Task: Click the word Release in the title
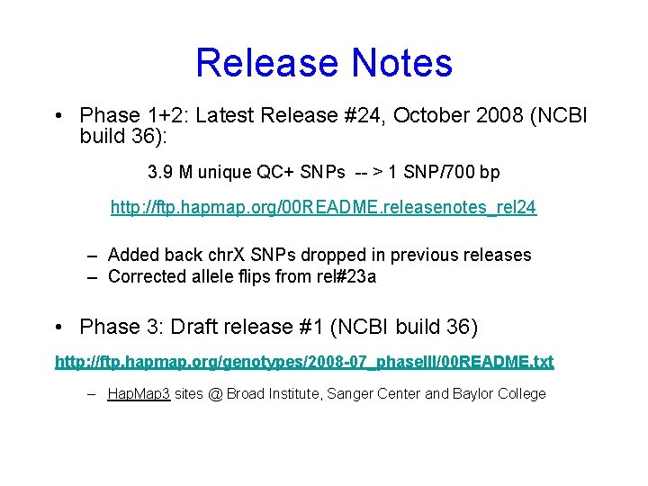pyautogui.click(x=266, y=63)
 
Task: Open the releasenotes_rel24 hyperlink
pyautogui.click(x=323, y=208)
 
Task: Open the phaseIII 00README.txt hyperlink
pyautogui.click(x=304, y=362)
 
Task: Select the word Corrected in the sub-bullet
pyautogui.click(x=147, y=276)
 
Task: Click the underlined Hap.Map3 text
pyautogui.click(x=139, y=393)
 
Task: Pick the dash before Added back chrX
pyautogui.click(x=92, y=255)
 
